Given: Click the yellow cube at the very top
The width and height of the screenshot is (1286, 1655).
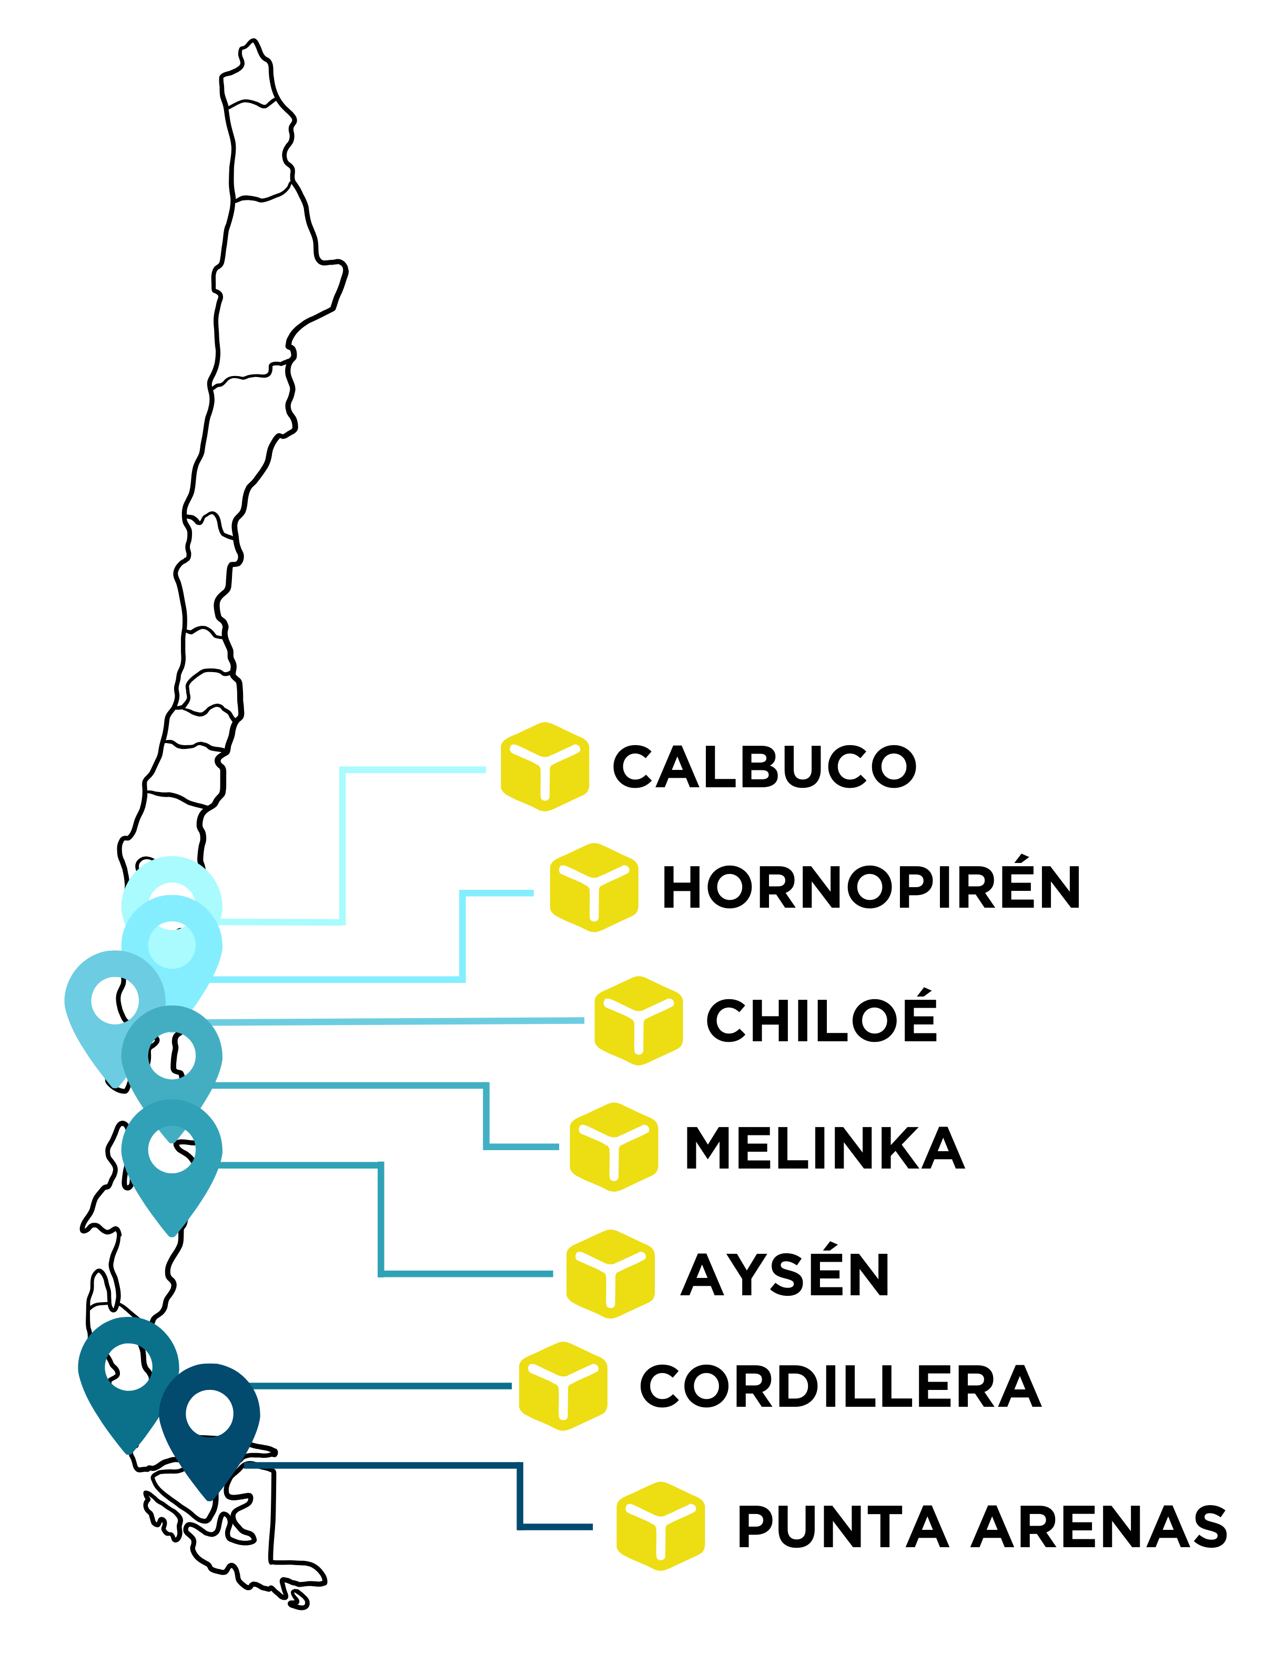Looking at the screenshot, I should coord(545,766).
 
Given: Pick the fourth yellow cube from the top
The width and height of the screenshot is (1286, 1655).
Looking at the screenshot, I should coord(614,1146).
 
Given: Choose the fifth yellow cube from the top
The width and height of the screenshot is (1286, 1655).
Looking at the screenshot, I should coord(610,1274).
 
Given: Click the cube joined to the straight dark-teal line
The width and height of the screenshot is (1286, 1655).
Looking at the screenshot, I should coord(563,1386).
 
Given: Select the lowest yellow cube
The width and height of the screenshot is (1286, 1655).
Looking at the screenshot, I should coord(661,1526).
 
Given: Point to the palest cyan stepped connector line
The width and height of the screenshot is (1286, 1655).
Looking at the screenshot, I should coord(342,841).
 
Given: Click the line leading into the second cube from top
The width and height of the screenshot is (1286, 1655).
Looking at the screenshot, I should coord(462,940).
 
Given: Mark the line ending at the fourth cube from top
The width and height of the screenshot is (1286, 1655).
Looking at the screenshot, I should coord(487,1114).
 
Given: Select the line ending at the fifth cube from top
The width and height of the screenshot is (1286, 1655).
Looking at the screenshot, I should coord(381,1220).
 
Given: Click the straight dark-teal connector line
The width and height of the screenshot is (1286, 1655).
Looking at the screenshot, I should coord(379,1386).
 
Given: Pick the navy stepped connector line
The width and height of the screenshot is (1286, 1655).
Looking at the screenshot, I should coord(520,1497).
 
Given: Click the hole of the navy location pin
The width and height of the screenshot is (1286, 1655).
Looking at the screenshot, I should coord(209,1413).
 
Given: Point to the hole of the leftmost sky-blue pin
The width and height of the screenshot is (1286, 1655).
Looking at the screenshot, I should coord(115,1000).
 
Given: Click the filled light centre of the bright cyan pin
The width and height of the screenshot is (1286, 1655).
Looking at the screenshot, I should coord(172,945).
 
